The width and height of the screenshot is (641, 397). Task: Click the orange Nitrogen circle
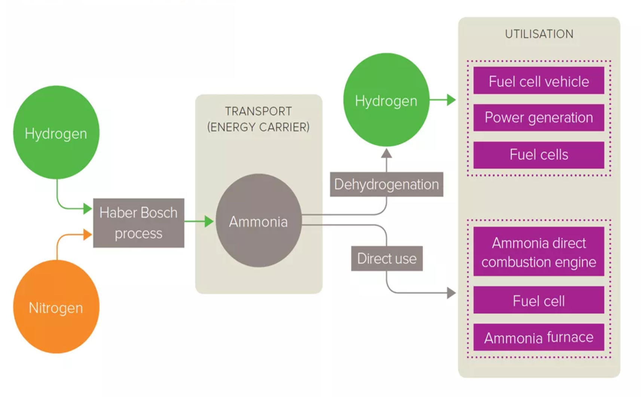56,307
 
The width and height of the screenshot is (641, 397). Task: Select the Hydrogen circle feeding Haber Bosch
56,133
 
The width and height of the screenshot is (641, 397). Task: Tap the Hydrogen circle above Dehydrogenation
386,100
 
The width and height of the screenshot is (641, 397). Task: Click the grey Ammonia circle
259,221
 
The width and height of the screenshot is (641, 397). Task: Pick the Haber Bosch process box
138,223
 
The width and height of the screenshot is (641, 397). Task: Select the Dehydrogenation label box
386,184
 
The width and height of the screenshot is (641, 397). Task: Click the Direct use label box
387,258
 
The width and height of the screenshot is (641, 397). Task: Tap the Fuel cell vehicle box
538,81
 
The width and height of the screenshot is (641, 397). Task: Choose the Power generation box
538,118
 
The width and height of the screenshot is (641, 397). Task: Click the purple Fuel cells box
538,155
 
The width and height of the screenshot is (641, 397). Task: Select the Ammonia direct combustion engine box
538,252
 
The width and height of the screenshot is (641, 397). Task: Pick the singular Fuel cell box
538,300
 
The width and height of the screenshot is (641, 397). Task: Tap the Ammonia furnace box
538,337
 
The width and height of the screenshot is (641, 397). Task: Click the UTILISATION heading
539,34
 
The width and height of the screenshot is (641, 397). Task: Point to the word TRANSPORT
258,111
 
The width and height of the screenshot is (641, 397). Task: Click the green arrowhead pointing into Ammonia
209,221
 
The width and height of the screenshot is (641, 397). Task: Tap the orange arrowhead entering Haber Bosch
88,235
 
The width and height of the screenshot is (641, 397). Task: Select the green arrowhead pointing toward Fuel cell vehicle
451,100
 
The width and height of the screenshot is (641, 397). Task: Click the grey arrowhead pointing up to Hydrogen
387,153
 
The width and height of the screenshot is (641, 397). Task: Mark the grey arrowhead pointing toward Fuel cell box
451,293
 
